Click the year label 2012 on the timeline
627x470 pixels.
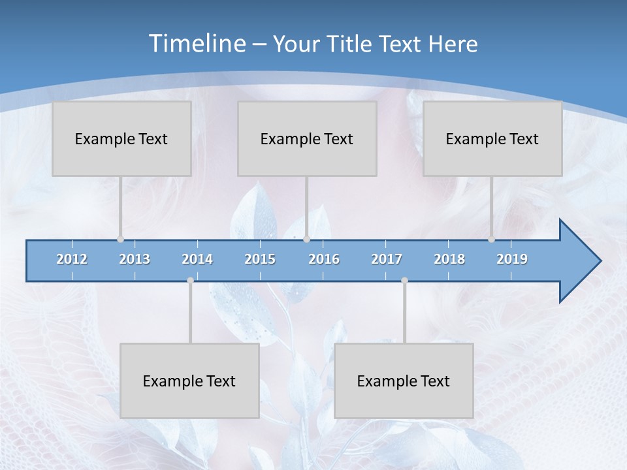(x=72, y=259)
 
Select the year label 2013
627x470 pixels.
(x=135, y=259)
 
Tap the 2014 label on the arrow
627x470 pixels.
(x=197, y=259)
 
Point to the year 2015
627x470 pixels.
(x=260, y=259)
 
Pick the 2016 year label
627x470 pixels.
(x=324, y=259)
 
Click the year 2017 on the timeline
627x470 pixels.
(x=387, y=259)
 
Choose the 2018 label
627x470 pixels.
(x=449, y=259)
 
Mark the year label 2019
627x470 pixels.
(x=512, y=259)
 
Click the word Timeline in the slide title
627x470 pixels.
(x=197, y=44)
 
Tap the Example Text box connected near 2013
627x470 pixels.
(x=121, y=138)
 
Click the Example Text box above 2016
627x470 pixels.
(x=307, y=138)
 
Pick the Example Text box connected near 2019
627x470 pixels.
(x=492, y=138)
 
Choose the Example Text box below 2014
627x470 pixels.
(x=189, y=381)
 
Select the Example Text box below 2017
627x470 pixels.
(x=404, y=381)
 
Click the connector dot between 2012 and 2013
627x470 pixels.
(x=120, y=240)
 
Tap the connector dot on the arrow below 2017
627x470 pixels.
(x=404, y=281)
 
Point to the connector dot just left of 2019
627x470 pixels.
(x=491, y=240)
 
